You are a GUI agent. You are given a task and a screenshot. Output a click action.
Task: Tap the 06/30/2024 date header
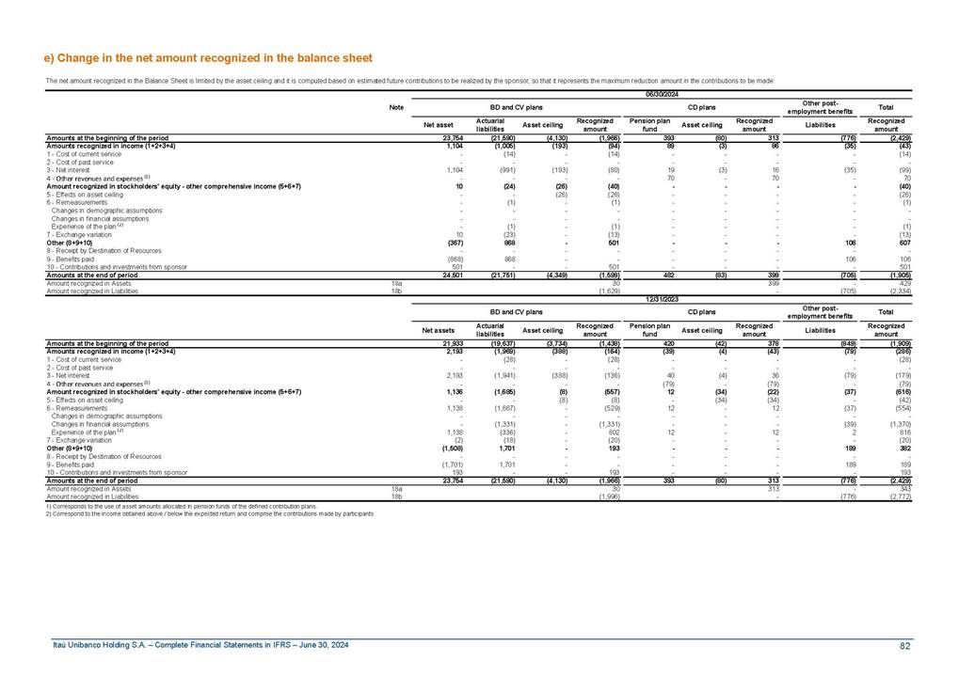coord(662,93)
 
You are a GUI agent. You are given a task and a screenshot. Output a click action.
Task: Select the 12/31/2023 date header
coord(662,300)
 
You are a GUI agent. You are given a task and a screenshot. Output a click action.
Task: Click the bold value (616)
coord(902,391)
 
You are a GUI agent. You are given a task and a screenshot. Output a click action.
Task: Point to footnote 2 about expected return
coord(210,514)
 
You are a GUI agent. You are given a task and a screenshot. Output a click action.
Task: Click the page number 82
coord(905,645)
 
